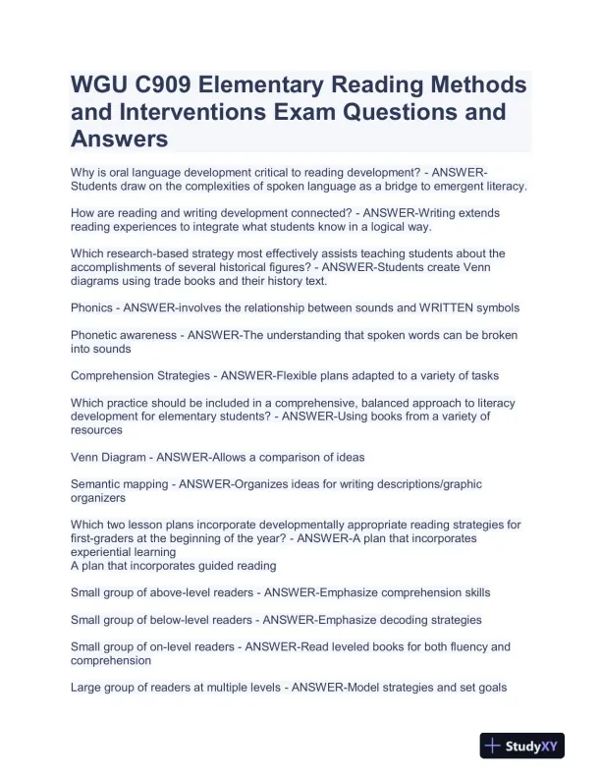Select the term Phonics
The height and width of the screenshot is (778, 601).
[x=92, y=307]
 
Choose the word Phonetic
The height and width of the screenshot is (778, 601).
[x=96, y=335]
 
